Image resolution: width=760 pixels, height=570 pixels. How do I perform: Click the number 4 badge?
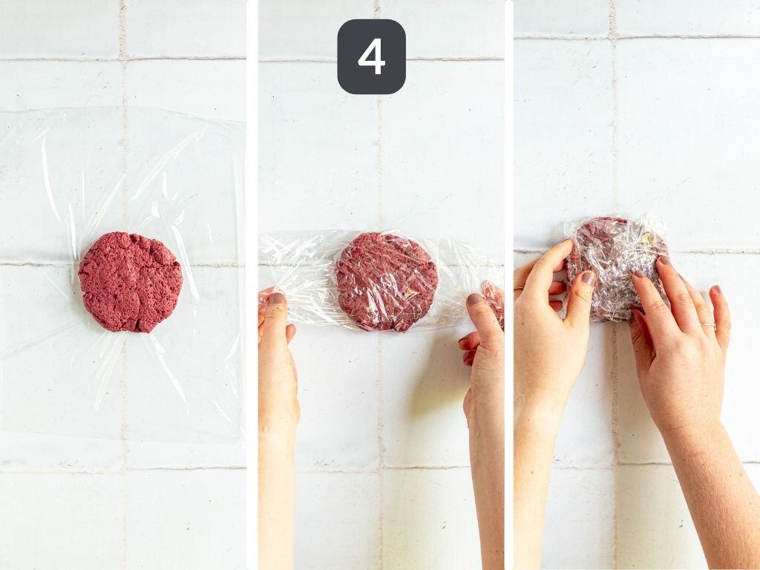(x=371, y=56)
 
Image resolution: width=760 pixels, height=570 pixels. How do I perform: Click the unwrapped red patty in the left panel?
(x=131, y=281)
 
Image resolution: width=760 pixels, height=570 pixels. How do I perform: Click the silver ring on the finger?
(x=708, y=324)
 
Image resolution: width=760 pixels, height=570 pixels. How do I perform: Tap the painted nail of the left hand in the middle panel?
(x=276, y=299)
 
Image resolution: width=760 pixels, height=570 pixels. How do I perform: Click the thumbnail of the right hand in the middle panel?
(x=475, y=300)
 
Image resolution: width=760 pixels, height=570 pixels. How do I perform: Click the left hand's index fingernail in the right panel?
(x=587, y=278)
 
